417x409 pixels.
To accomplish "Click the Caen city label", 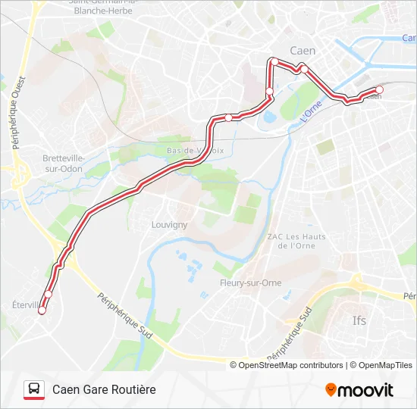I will click(303, 51).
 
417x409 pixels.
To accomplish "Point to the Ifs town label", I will click(359, 320).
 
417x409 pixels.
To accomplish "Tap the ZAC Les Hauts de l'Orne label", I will click(296, 241).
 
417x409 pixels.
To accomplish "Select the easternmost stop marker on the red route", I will click(379, 89).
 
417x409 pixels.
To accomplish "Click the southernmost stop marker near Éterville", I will click(42, 311).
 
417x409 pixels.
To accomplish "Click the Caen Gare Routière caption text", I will click(104, 389).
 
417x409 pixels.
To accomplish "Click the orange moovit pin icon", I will click(331, 390).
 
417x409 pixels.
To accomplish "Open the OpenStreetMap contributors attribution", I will click(290, 365).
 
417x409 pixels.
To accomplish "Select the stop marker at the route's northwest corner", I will click(274, 61).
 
